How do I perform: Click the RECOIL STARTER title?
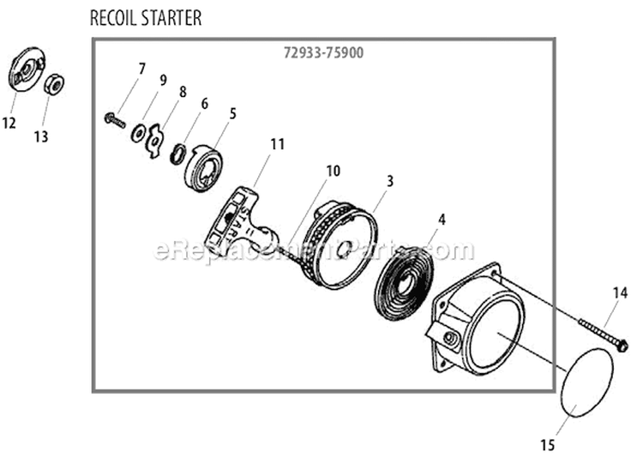click(145, 18)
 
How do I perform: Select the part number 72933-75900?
click(321, 52)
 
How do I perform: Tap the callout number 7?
click(142, 68)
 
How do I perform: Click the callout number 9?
click(162, 80)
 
